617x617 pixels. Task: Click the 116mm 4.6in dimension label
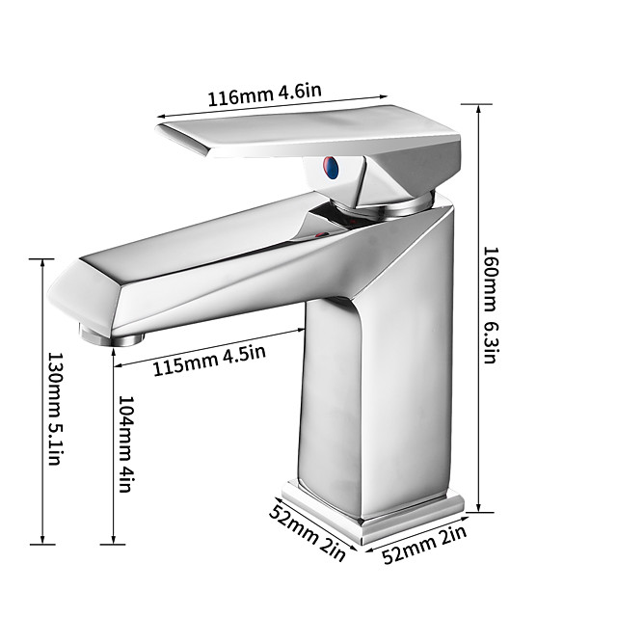click(x=264, y=96)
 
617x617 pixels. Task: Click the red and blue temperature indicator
click(x=331, y=169)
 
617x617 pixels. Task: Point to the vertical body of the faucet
click(x=386, y=386)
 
